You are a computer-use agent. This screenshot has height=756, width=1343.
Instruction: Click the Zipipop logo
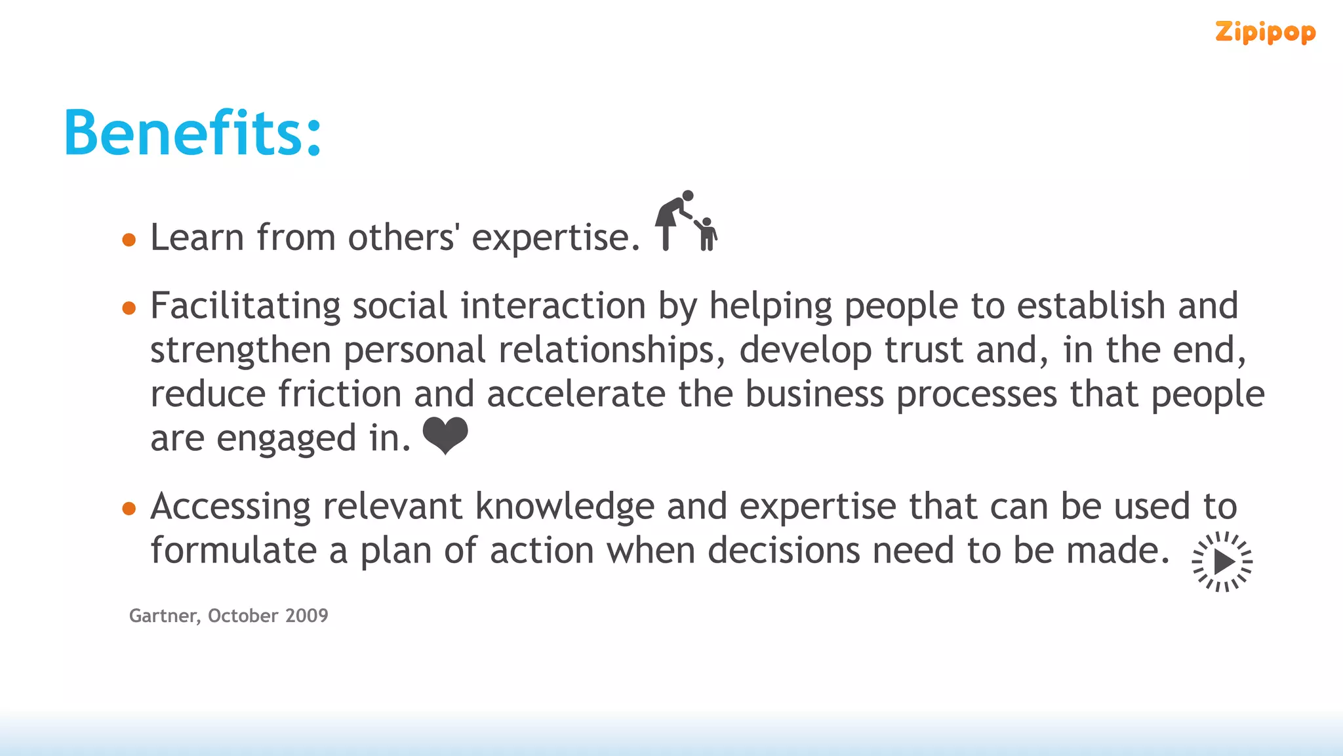click(x=1265, y=32)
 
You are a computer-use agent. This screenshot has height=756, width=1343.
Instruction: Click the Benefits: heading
click(x=193, y=133)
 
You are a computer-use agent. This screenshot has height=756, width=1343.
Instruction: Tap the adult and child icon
click(x=686, y=221)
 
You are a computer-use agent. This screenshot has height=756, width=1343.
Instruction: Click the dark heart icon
click(x=445, y=435)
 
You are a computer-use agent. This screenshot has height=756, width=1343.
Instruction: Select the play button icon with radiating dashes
click(x=1222, y=562)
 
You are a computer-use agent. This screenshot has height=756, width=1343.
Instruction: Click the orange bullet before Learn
click(x=129, y=240)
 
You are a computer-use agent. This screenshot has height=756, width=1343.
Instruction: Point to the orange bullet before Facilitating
click(x=129, y=308)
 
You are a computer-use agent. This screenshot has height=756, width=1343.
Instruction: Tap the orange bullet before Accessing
click(x=129, y=509)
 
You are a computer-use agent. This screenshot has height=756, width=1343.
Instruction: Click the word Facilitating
click(x=245, y=306)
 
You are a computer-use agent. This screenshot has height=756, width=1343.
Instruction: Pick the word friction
click(x=340, y=394)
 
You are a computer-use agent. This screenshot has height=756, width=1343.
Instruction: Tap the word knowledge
click(x=565, y=507)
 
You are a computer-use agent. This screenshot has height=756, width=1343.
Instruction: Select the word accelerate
click(x=576, y=394)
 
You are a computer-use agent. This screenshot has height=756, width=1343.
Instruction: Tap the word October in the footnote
click(x=243, y=616)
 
